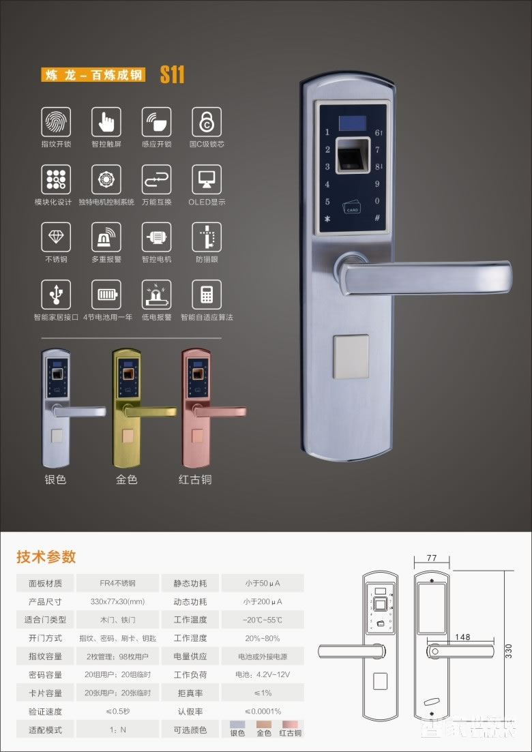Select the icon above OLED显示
[x=206, y=179]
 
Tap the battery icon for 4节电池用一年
[x=106, y=295]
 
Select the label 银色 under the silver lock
[x=55, y=479]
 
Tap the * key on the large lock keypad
[x=327, y=220]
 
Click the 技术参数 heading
[x=46, y=556]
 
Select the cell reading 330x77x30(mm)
[x=117, y=602]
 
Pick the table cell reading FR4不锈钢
[x=117, y=584]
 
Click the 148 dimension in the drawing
[x=462, y=637]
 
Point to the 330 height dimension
[x=507, y=651]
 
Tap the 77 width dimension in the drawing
[x=431, y=558]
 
